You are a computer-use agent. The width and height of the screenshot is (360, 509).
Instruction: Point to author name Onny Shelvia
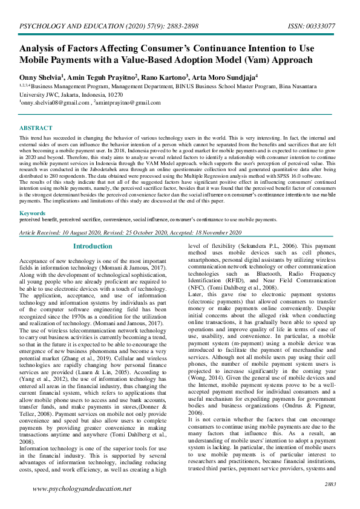[40, 77]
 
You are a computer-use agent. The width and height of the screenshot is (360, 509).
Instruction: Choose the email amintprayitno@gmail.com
[129, 103]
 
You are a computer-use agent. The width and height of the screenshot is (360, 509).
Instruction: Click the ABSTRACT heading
[35, 128]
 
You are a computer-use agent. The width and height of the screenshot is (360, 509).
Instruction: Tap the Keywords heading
[33, 213]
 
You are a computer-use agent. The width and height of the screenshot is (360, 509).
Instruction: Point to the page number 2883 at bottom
[330, 485]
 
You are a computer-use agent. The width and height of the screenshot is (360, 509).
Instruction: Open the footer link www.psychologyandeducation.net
[82, 488]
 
